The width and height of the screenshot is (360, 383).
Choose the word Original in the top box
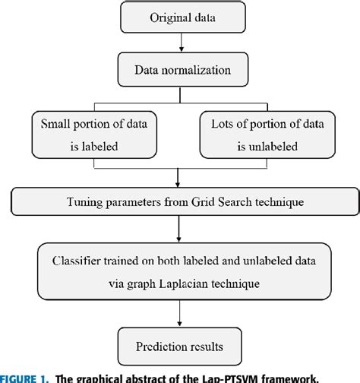pos(160,17)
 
